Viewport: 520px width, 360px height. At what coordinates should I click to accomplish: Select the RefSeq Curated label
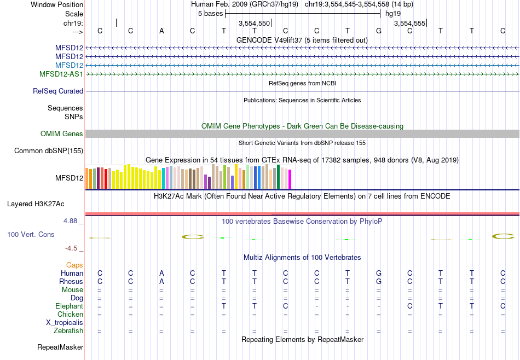pos(58,91)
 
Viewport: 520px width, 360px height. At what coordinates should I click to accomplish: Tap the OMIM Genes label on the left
pos(62,134)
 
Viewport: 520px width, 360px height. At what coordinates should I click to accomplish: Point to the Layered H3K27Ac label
pos(36,204)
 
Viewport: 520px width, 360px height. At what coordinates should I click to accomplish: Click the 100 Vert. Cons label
pos(30,234)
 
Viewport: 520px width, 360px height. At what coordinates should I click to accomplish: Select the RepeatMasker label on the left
pos(60,347)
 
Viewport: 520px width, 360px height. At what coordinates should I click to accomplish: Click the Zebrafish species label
pos(68,331)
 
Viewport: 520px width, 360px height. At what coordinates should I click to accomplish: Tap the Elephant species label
pos(69,306)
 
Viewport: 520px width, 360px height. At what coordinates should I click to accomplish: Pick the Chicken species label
pos(70,315)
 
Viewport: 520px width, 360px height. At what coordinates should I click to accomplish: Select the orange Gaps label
pos(74,265)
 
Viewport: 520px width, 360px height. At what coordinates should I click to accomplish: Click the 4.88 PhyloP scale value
pos(71,221)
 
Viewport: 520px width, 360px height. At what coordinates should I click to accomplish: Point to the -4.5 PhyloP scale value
pos(71,248)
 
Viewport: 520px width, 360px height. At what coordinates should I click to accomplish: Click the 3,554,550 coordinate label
pos(254,24)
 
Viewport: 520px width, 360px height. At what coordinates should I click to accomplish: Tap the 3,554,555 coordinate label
pos(409,24)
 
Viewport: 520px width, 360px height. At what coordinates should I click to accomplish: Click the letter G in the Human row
pos(378,274)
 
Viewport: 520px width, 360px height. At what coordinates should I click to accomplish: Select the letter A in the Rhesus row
pos(161,282)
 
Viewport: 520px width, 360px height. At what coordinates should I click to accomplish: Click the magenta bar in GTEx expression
pos(290,180)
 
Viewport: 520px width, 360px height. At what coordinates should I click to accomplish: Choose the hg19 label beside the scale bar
pos(393,13)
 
